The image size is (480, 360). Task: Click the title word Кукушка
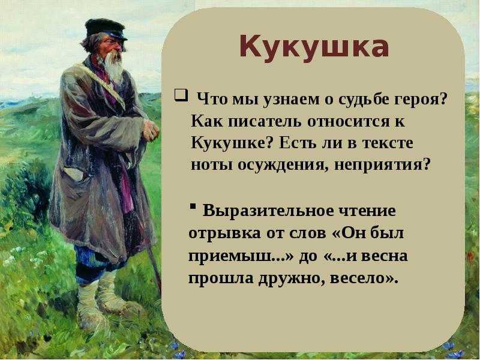point(314,47)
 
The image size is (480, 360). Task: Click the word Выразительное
point(263,212)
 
